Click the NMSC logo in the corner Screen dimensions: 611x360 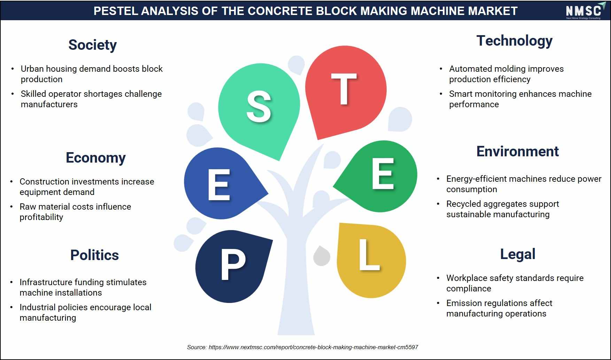[x=583, y=11]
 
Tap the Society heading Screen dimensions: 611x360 [x=92, y=45]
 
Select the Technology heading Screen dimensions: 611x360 [x=514, y=41]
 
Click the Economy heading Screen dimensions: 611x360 [x=95, y=158]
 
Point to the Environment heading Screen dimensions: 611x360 [x=517, y=151]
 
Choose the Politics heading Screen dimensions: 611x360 [x=94, y=255]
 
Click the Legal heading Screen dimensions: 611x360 [x=518, y=255]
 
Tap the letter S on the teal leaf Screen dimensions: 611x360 [x=258, y=106]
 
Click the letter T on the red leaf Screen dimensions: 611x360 [x=344, y=89]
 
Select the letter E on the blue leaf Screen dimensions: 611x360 [x=219, y=185]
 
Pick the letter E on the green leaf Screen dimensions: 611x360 [x=383, y=173]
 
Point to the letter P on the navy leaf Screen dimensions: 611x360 [x=233, y=266]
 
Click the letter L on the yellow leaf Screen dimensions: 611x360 [x=369, y=255]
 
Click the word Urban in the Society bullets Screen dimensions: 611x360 [x=32, y=69]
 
